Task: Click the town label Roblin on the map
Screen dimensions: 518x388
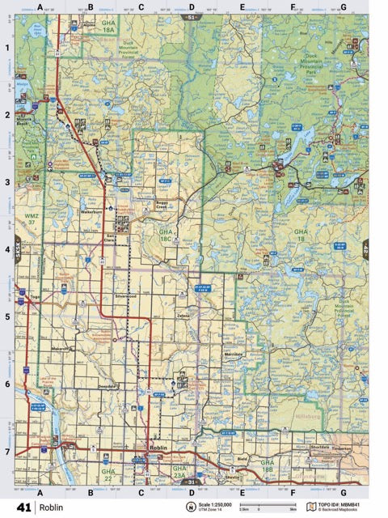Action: pos(157,446)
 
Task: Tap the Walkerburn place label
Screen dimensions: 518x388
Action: pos(94,211)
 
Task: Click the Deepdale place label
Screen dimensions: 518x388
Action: pos(108,387)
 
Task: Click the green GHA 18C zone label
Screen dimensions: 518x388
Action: pos(165,236)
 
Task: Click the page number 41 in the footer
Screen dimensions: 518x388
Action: pos(23,507)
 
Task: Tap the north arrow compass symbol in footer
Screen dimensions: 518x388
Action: pos(192,507)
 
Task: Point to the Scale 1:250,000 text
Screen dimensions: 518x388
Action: pos(216,504)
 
